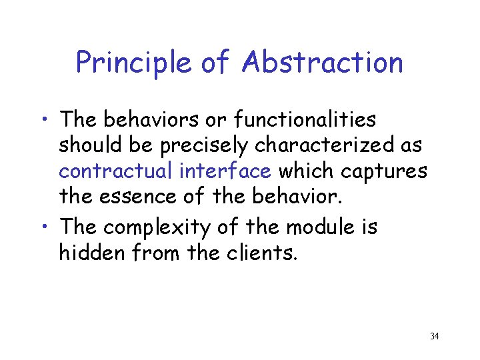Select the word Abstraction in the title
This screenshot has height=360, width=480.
323,63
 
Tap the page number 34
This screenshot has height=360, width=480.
434,336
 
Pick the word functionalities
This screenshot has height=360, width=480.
309,120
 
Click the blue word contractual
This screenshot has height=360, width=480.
116,171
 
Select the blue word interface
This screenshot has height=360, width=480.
225,171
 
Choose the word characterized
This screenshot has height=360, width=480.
323,145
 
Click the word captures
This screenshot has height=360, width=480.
383,171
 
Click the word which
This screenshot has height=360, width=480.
306,171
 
